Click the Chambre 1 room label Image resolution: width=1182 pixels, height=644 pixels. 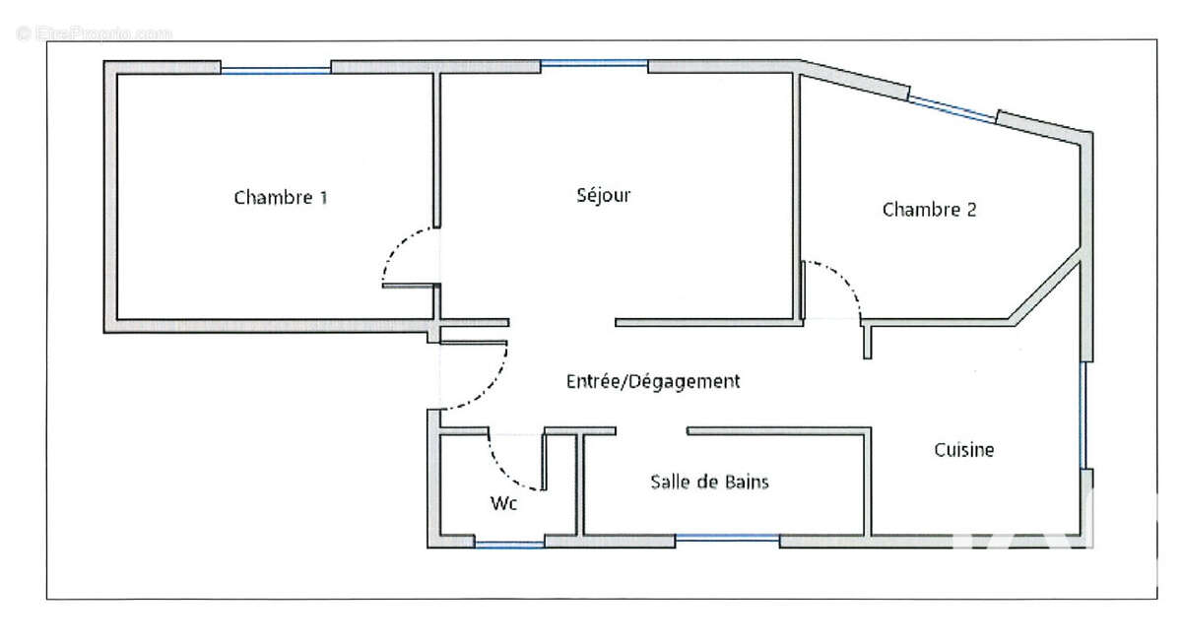(x=281, y=197)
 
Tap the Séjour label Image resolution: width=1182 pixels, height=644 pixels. (x=603, y=195)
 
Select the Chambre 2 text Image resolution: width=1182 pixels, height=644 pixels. (x=929, y=210)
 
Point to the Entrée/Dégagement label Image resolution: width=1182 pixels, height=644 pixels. (x=653, y=381)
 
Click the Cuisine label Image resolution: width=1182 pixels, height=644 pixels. (x=964, y=450)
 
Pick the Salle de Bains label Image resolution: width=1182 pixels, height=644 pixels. (x=709, y=482)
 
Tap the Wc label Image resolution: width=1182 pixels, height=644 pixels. (x=503, y=503)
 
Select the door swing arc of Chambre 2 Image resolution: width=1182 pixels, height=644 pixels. (x=844, y=279)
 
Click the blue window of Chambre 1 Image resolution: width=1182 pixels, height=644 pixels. (x=276, y=70)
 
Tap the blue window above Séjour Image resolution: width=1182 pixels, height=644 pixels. (x=594, y=64)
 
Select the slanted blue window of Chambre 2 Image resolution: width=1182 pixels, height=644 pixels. (x=953, y=109)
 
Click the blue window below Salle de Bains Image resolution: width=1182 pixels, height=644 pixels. (x=727, y=538)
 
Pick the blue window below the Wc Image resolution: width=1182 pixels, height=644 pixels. (x=510, y=544)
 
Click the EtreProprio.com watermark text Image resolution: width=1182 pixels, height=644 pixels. (x=95, y=33)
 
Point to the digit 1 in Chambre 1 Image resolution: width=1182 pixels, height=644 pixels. (x=323, y=197)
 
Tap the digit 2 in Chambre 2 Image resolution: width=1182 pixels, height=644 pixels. (x=971, y=210)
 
